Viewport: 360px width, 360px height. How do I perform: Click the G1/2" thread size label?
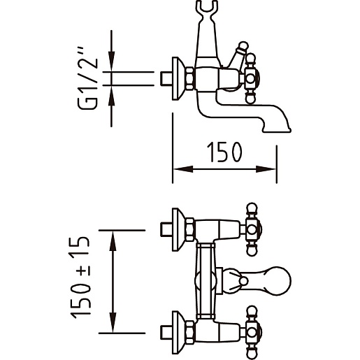(x=87, y=78)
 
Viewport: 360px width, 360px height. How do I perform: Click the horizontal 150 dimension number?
(x=224, y=152)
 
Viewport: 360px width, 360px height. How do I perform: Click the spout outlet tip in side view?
(x=277, y=130)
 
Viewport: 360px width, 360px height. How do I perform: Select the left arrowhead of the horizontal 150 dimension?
(x=183, y=169)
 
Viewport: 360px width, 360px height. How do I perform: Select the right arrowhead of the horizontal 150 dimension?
(x=266, y=169)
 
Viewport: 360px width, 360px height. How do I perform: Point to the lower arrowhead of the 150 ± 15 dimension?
(x=113, y=323)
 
